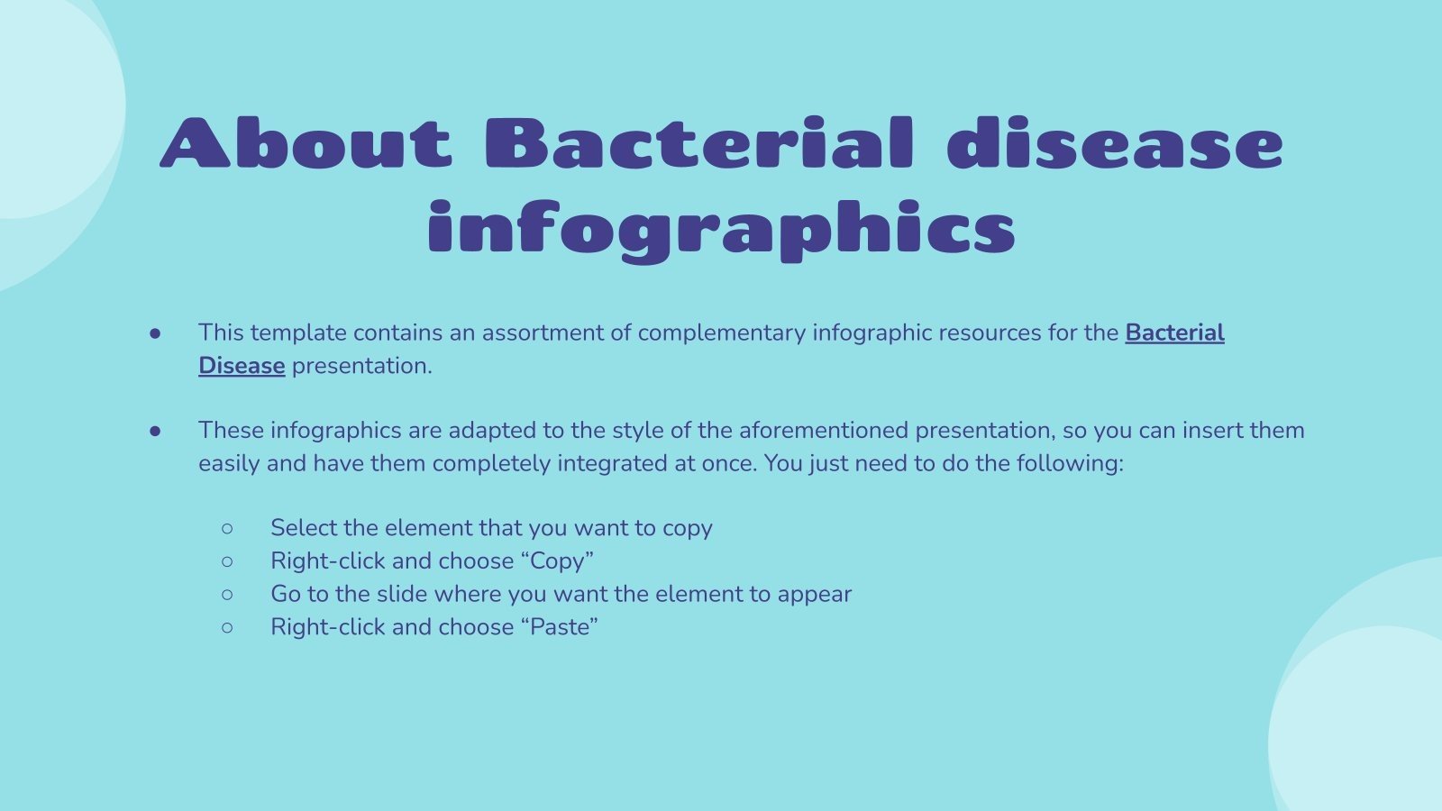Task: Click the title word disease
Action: pyautogui.click(x=1115, y=144)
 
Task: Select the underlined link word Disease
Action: pyautogui.click(x=242, y=366)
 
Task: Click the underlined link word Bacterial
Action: pyautogui.click(x=1174, y=333)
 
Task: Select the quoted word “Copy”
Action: pyautogui.click(x=557, y=560)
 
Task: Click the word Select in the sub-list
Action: pyautogui.click(x=304, y=528)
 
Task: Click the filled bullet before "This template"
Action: pyautogui.click(x=155, y=333)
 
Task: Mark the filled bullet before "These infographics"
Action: pyautogui.click(x=155, y=432)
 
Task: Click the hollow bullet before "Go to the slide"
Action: pyautogui.click(x=227, y=595)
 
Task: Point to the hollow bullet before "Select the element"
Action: pyautogui.click(x=227, y=528)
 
